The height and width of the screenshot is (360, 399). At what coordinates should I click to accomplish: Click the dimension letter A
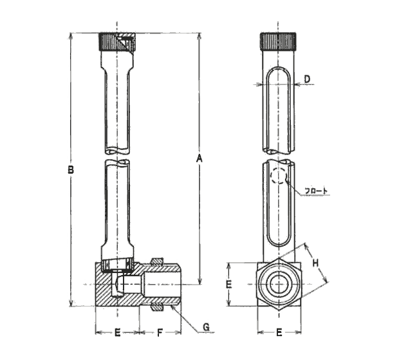200,158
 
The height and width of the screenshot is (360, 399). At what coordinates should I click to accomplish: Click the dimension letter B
71,170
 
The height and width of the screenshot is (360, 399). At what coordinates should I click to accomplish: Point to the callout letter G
207,327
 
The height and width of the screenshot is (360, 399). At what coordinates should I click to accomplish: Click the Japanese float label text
317,190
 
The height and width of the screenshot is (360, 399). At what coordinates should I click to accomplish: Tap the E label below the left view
117,332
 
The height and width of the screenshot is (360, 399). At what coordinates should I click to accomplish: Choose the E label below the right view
279,332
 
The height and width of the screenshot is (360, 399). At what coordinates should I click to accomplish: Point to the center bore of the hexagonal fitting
279,284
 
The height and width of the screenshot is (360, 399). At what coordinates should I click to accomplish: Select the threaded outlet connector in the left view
161,284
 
